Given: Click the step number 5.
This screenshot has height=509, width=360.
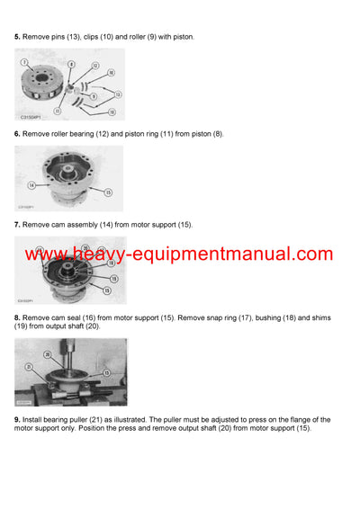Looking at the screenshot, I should tap(17, 37).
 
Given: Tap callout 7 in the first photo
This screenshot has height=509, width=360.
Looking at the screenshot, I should tap(24, 62).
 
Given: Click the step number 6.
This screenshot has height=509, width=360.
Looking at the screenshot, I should tap(17, 134).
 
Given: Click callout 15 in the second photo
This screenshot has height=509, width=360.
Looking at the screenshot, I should tap(108, 192).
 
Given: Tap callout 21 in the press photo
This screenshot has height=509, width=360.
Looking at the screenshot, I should tap(29, 368).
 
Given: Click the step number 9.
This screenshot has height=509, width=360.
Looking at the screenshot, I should tap(17, 419).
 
